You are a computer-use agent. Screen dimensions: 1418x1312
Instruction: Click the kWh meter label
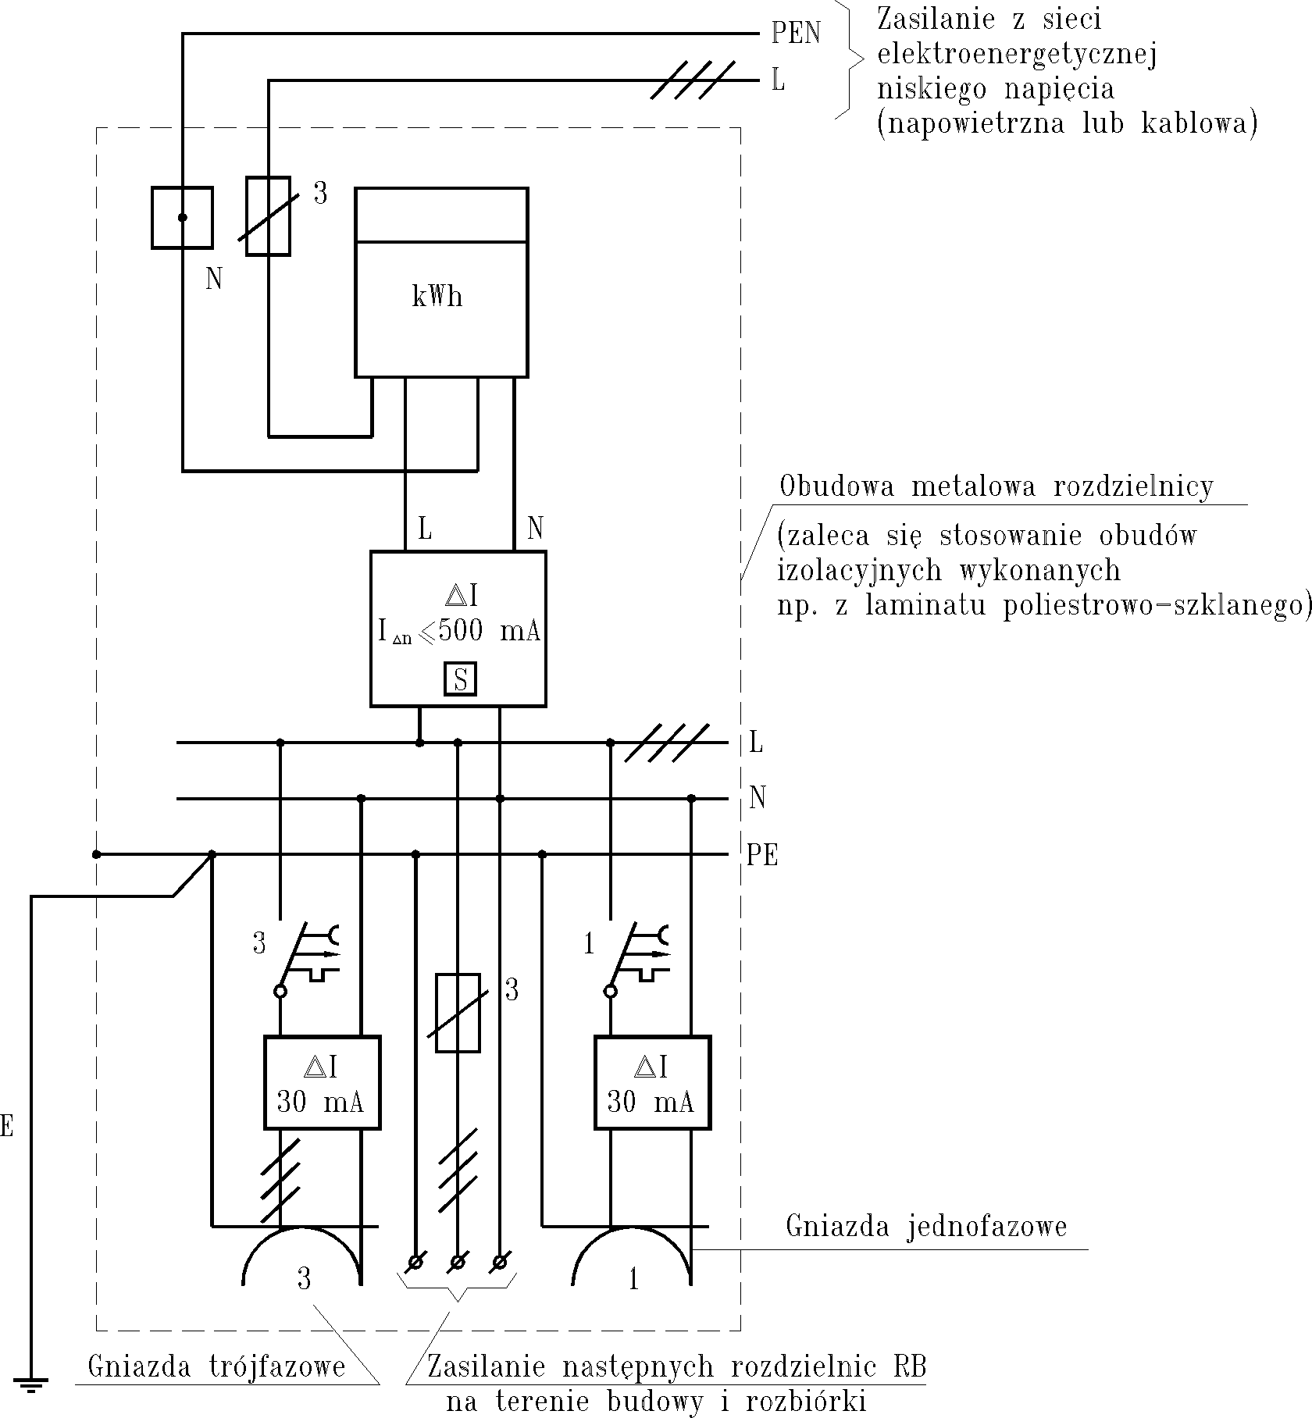point(437,297)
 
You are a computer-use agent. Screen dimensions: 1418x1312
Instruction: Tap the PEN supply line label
point(796,34)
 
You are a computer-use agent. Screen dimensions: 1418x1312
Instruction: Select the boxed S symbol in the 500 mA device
point(460,679)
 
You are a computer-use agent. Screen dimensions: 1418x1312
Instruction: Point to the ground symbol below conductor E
point(31,1386)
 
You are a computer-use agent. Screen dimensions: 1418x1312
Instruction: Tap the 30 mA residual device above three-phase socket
point(322,1082)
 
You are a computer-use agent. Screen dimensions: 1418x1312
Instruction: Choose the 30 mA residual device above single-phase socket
point(652,1082)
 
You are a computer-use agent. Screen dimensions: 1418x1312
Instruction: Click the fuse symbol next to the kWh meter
point(268,216)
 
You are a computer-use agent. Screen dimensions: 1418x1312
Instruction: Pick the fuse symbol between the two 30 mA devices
point(457,1013)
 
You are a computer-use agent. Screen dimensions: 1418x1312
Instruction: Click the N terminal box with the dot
point(182,218)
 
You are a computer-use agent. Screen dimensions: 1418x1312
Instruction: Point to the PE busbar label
point(761,856)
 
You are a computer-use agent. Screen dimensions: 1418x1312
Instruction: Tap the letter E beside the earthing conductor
point(6,1127)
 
